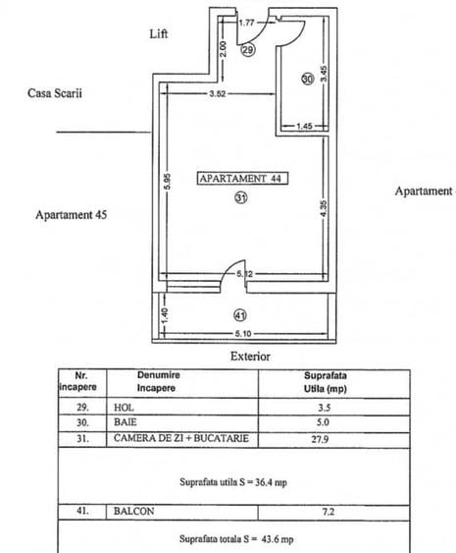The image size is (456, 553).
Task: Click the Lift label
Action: click(158, 32)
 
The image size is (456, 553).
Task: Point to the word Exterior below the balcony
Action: click(250, 357)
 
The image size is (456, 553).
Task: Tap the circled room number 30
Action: click(308, 78)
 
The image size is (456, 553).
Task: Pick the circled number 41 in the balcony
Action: click(240, 315)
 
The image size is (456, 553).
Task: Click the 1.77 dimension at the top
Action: click(247, 20)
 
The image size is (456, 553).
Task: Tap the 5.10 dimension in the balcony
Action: click(240, 332)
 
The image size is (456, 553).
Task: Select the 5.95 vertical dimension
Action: click(169, 183)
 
